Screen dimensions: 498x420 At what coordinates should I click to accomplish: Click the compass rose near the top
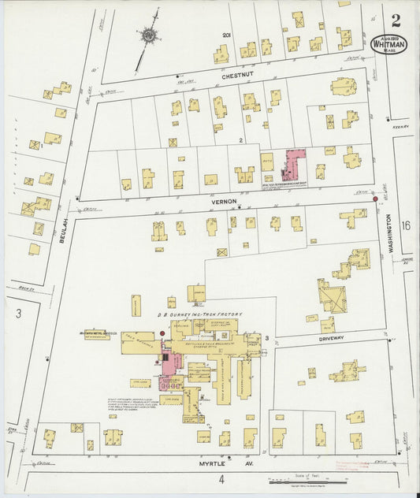pos(148,35)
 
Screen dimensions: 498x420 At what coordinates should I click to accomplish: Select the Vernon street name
pos(219,201)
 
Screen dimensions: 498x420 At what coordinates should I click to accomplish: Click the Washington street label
pos(389,235)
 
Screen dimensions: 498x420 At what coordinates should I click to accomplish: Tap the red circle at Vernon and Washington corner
pos(374,199)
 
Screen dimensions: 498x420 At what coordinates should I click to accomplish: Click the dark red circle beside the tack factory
pos(162,333)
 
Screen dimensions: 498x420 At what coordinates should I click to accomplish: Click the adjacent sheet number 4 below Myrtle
pos(222,478)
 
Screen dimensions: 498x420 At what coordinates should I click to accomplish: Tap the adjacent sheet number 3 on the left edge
pos(17,313)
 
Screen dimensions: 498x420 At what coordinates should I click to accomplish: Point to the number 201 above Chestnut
pos(226,35)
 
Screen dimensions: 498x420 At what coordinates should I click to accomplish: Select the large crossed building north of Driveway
pos(331,295)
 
